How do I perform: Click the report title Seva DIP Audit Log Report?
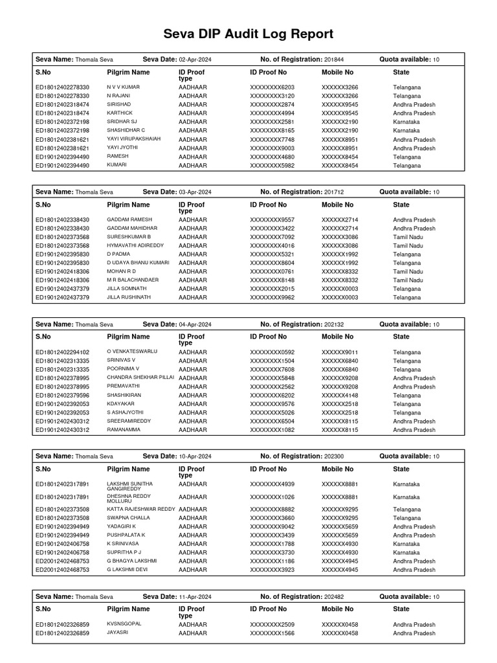(x=248, y=34)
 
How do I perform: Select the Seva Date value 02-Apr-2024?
(x=195, y=60)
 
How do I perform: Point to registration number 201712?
(x=333, y=192)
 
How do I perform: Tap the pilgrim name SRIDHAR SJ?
(x=122, y=122)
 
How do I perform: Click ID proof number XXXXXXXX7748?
(x=272, y=139)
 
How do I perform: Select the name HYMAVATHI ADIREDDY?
(x=135, y=245)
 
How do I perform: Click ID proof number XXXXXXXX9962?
(x=272, y=297)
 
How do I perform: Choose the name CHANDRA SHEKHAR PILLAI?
(x=140, y=377)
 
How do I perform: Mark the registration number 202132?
(x=333, y=324)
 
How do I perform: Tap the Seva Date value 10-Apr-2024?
(x=195, y=456)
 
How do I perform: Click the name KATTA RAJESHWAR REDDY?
(x=141, y=510)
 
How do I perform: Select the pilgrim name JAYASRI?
(x=118, y=633)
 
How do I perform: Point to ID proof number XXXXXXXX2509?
(x=272, y=625)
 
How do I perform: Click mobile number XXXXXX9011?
(x=339, y=352)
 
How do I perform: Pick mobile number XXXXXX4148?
(x=339, y=395)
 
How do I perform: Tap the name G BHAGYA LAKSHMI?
(x=131, y=561)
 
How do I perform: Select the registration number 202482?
(x=333, y=597)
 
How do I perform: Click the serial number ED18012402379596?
(x=63, y=395)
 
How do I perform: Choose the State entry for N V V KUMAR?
(x=406, y=87)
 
